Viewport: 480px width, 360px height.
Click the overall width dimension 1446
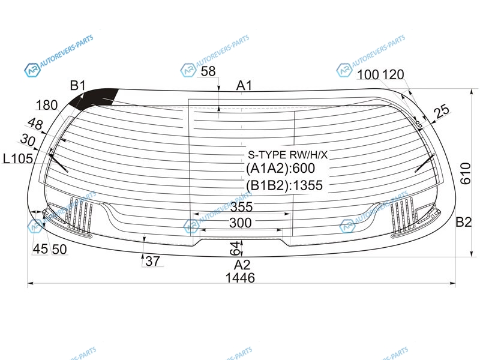[240, 278]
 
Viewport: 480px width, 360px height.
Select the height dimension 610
[466, 173]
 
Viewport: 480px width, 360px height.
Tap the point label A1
[244, 86]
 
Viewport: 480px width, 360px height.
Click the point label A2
[242, 265]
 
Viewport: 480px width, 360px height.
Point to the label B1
[78, 85]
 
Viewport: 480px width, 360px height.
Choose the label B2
[463, 222]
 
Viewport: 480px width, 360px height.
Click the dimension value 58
[208, 71]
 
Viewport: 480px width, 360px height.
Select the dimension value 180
[47, 106]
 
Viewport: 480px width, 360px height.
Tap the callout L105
[18, 158]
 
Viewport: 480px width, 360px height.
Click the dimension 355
[242, 207]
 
